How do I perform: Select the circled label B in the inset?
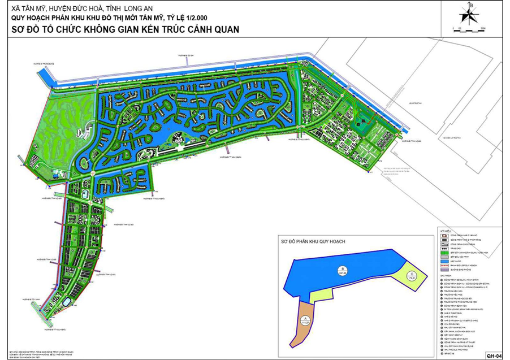pos(342,268)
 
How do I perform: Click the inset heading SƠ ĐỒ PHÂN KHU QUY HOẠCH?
pos(313,241)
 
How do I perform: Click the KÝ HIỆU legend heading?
pos(445,231)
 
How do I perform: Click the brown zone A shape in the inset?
pos(305,325)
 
